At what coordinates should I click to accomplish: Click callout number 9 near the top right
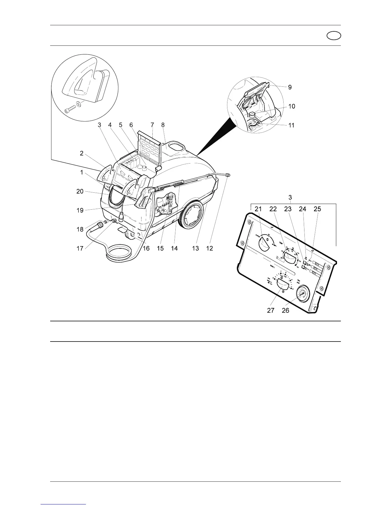290,87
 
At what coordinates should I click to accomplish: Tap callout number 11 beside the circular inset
291,125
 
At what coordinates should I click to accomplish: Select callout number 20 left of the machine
80,191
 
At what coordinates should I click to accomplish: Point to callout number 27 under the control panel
271,310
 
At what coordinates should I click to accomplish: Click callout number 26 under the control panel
285,310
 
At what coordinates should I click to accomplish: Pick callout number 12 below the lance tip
209,248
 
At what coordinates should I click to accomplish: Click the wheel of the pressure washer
192,216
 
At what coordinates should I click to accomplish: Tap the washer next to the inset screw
79,104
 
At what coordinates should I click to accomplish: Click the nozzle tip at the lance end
227,175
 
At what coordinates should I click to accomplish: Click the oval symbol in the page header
334,36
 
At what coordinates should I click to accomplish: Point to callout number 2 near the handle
81,153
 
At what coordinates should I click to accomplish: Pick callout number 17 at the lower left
80,248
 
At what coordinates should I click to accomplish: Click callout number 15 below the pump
160,248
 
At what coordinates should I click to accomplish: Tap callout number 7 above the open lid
152,125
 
